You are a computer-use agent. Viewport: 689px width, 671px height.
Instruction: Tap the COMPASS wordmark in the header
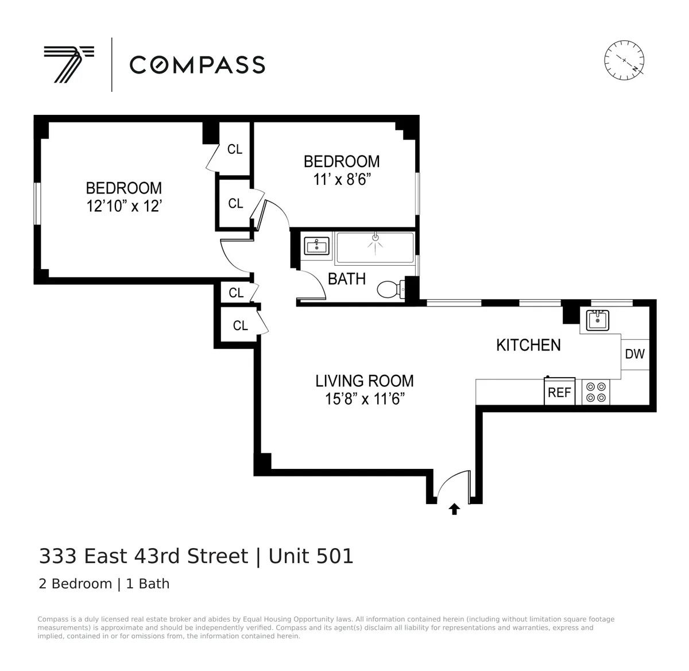[x=197, y=65]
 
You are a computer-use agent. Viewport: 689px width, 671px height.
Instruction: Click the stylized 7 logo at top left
[x=68, y=64]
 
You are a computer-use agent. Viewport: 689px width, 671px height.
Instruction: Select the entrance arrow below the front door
[x=454, y=509]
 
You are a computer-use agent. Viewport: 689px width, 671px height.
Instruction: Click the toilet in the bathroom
[x=390, y=289]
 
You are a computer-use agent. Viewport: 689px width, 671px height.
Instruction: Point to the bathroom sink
[x=316, y=246]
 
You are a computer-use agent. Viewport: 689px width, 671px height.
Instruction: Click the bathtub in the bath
[x=374, y=248]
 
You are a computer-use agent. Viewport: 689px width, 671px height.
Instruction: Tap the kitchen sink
[x=598, y=320]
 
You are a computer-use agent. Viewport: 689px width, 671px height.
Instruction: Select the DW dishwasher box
[x=634, y=354]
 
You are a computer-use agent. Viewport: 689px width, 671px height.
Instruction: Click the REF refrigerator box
[x=559, y=392]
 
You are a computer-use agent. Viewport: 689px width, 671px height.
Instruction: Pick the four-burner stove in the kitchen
[x=595, y=392]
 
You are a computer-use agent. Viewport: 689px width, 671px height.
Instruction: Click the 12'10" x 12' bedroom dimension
[x=124, y=206]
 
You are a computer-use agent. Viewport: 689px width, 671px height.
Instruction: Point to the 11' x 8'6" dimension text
[x=342, y=180]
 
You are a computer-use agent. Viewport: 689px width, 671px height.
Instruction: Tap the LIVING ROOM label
[x=365, y=381]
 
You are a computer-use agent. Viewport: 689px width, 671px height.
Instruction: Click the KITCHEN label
[x=528, y=345]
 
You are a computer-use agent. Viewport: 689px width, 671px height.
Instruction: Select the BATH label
[x=347, y=279]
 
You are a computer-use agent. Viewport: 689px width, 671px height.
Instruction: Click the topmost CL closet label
[x=235, y=149]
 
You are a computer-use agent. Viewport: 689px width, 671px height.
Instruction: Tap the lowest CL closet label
[x=240, y=325]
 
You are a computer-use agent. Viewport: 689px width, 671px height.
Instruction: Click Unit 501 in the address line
[x=311, y=556]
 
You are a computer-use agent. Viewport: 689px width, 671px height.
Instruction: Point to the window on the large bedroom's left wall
[x=37, y=204]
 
